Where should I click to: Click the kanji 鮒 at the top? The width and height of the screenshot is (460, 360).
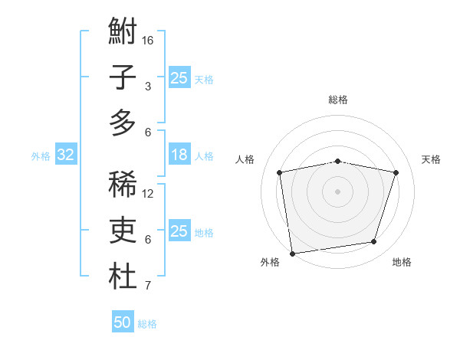tap(123, 31)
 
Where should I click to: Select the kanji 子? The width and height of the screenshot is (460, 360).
tap(123, 77)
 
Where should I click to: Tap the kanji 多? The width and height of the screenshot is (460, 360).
tap(123, 123)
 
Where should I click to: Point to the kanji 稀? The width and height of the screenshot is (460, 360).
tap(123, 185)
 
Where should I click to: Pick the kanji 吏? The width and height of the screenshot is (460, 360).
tap(123, 230)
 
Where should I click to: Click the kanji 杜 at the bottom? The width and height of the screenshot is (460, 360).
tap(123, 277)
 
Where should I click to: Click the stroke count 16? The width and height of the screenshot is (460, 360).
tap(149, 40)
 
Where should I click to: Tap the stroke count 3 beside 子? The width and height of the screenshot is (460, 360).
tap(148, 86)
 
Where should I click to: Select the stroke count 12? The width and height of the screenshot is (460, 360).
tap(149, 193)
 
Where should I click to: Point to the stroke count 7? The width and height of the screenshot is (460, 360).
tap(148, 286)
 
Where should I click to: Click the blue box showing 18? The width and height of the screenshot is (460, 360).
tap(179, 155)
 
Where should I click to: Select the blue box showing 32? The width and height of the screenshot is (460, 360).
tap(66, 155)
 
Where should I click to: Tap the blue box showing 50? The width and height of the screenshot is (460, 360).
tap(123, 322)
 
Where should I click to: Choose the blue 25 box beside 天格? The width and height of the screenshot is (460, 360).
tap(179, 77)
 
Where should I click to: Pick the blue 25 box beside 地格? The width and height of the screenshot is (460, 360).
tap(179, 231)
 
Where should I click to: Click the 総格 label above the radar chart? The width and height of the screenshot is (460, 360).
tap(338, 100)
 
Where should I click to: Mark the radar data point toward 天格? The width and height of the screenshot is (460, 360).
tap(396, 172)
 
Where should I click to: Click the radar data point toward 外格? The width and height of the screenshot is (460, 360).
tap(292, 253)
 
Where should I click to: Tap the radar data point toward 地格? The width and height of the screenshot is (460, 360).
tap(373, 242)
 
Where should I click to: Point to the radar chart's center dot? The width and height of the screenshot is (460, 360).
tap(338, 191)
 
